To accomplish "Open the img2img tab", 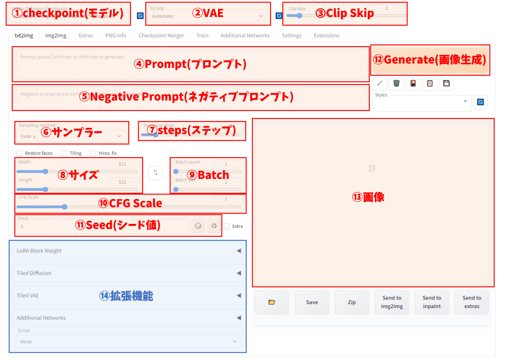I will coord(56,36).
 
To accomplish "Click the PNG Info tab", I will coord(116,36).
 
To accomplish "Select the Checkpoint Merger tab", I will coord(161,36).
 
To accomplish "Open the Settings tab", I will coord(291,36).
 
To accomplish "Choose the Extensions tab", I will coord(326,36).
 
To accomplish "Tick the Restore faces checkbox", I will coord(19,153).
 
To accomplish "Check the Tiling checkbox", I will coord(64,153).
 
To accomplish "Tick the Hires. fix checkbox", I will coord(93,153).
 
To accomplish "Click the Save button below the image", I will coord(312,302).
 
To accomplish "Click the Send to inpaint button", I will coord(432,302).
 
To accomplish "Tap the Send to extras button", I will coord(472,302).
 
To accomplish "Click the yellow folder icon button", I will coord(272,302).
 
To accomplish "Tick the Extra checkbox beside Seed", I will coord(226,226).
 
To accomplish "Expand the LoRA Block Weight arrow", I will coord(238,251).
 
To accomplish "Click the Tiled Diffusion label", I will coord(34,273).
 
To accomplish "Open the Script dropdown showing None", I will coord(129,342).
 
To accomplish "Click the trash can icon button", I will coord(396,83).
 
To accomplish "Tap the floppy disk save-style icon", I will coord(446,83).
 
